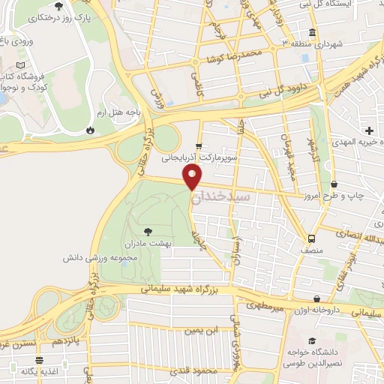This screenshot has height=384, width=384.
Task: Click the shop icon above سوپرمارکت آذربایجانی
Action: coord(198,146)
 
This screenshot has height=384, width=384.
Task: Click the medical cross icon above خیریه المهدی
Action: coord(369,131)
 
